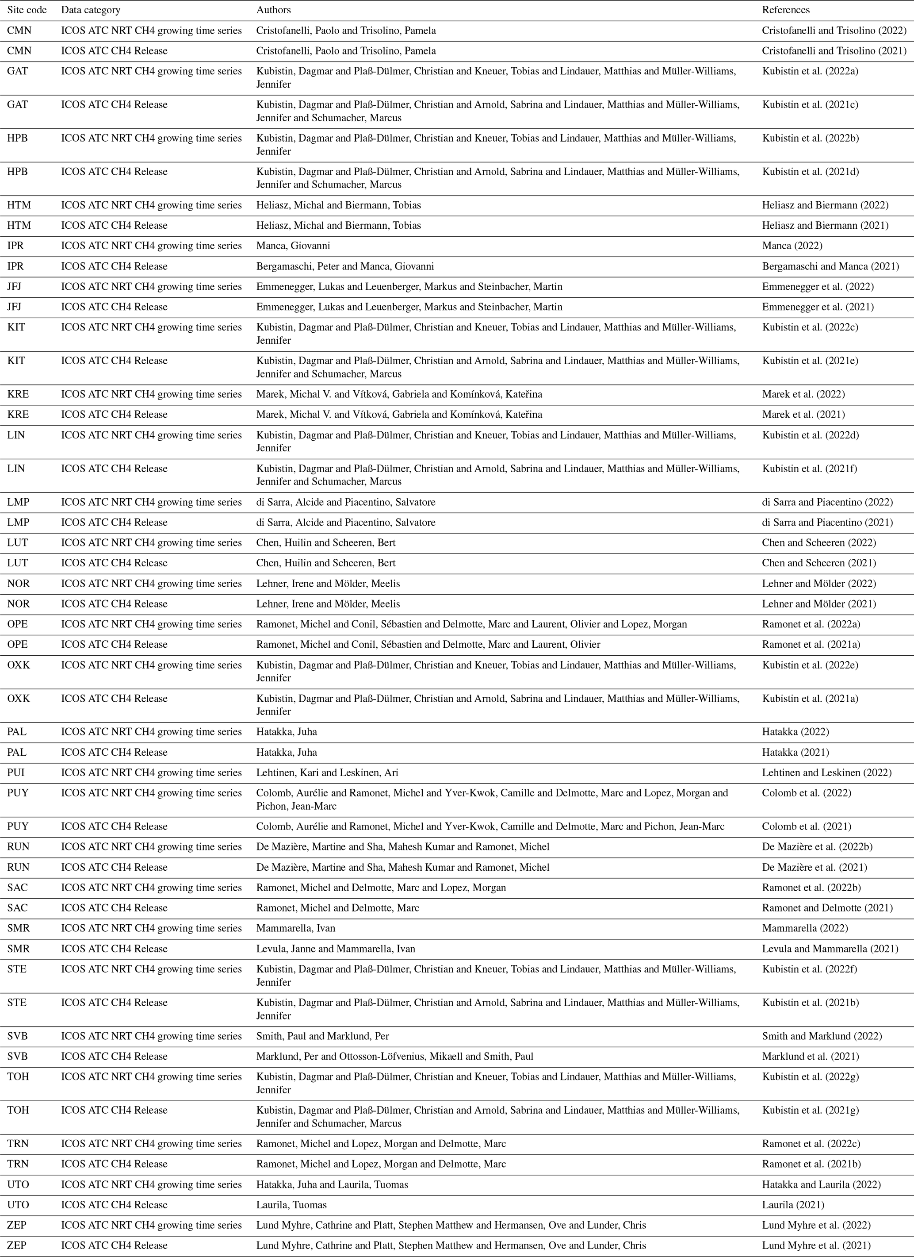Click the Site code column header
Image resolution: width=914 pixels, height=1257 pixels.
point(27,10)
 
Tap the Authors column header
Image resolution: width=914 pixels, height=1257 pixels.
point(273,10)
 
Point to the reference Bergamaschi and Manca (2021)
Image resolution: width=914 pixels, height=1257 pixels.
point(830,266)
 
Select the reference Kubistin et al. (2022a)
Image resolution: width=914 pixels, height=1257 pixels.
point(810,71)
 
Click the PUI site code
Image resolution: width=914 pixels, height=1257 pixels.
point(16,773)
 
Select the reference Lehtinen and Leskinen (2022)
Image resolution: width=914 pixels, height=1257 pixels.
point(826,773)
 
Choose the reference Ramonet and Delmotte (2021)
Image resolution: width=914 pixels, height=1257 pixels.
point(827,908)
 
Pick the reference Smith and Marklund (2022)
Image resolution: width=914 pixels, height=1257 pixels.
point(822,1036)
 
